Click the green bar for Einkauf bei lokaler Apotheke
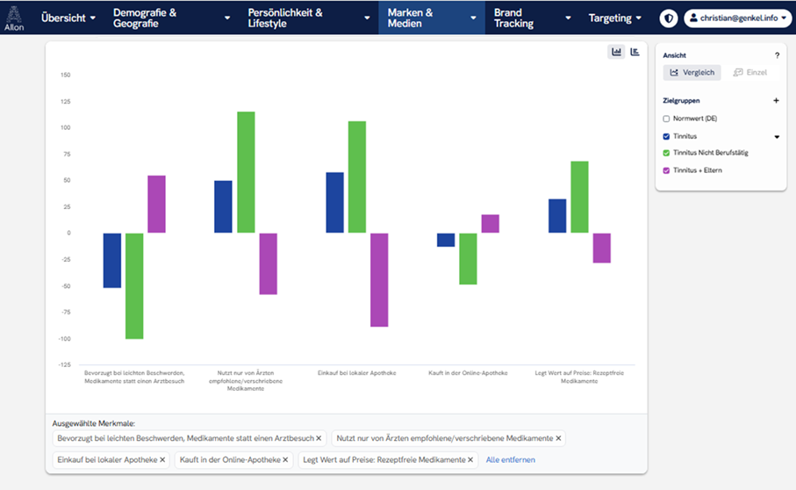point(356,177)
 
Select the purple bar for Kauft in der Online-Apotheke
point(490,224)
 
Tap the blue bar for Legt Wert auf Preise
point(557,216)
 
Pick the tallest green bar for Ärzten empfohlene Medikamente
point(246,172)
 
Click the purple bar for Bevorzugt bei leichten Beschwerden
point(156,204)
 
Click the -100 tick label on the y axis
point(63,339)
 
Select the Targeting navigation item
point(614,18)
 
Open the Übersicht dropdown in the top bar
point(68,18)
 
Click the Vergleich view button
point(692,72)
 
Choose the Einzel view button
point(749,72)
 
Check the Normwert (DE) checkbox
point(667,119)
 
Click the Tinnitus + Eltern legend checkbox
point(667,170)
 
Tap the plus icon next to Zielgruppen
point(776,101)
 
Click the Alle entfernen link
point(510,459)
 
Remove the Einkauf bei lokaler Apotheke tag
point(162,459)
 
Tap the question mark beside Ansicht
point(776,55)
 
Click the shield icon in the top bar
point(669,18)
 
